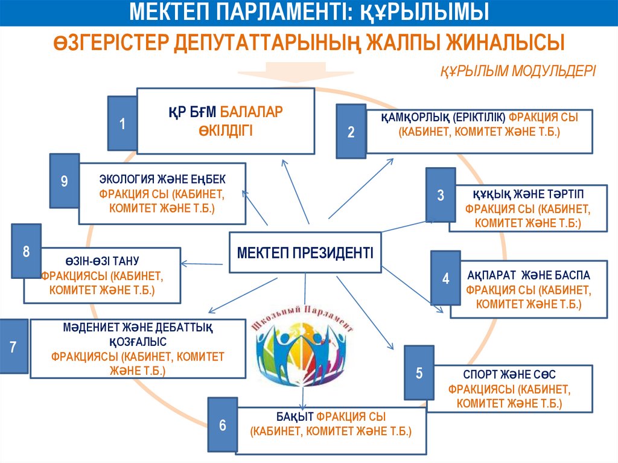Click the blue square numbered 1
[123, 124]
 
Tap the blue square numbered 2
[351, 132]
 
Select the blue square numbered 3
[441, 195]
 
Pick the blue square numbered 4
[445, 278]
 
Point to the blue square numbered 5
[419, 373]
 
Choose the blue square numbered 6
[222, 425]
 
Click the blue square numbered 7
[13, 347]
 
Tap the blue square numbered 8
[26, 251]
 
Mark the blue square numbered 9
[64, 181]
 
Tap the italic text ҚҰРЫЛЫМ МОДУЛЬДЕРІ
[517, 71]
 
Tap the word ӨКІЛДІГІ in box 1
[225, 130]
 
